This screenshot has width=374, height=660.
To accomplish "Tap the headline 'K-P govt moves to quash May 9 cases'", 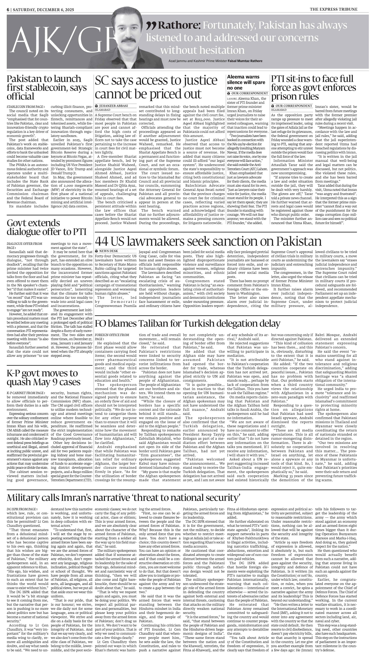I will click(x=44, y=377).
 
